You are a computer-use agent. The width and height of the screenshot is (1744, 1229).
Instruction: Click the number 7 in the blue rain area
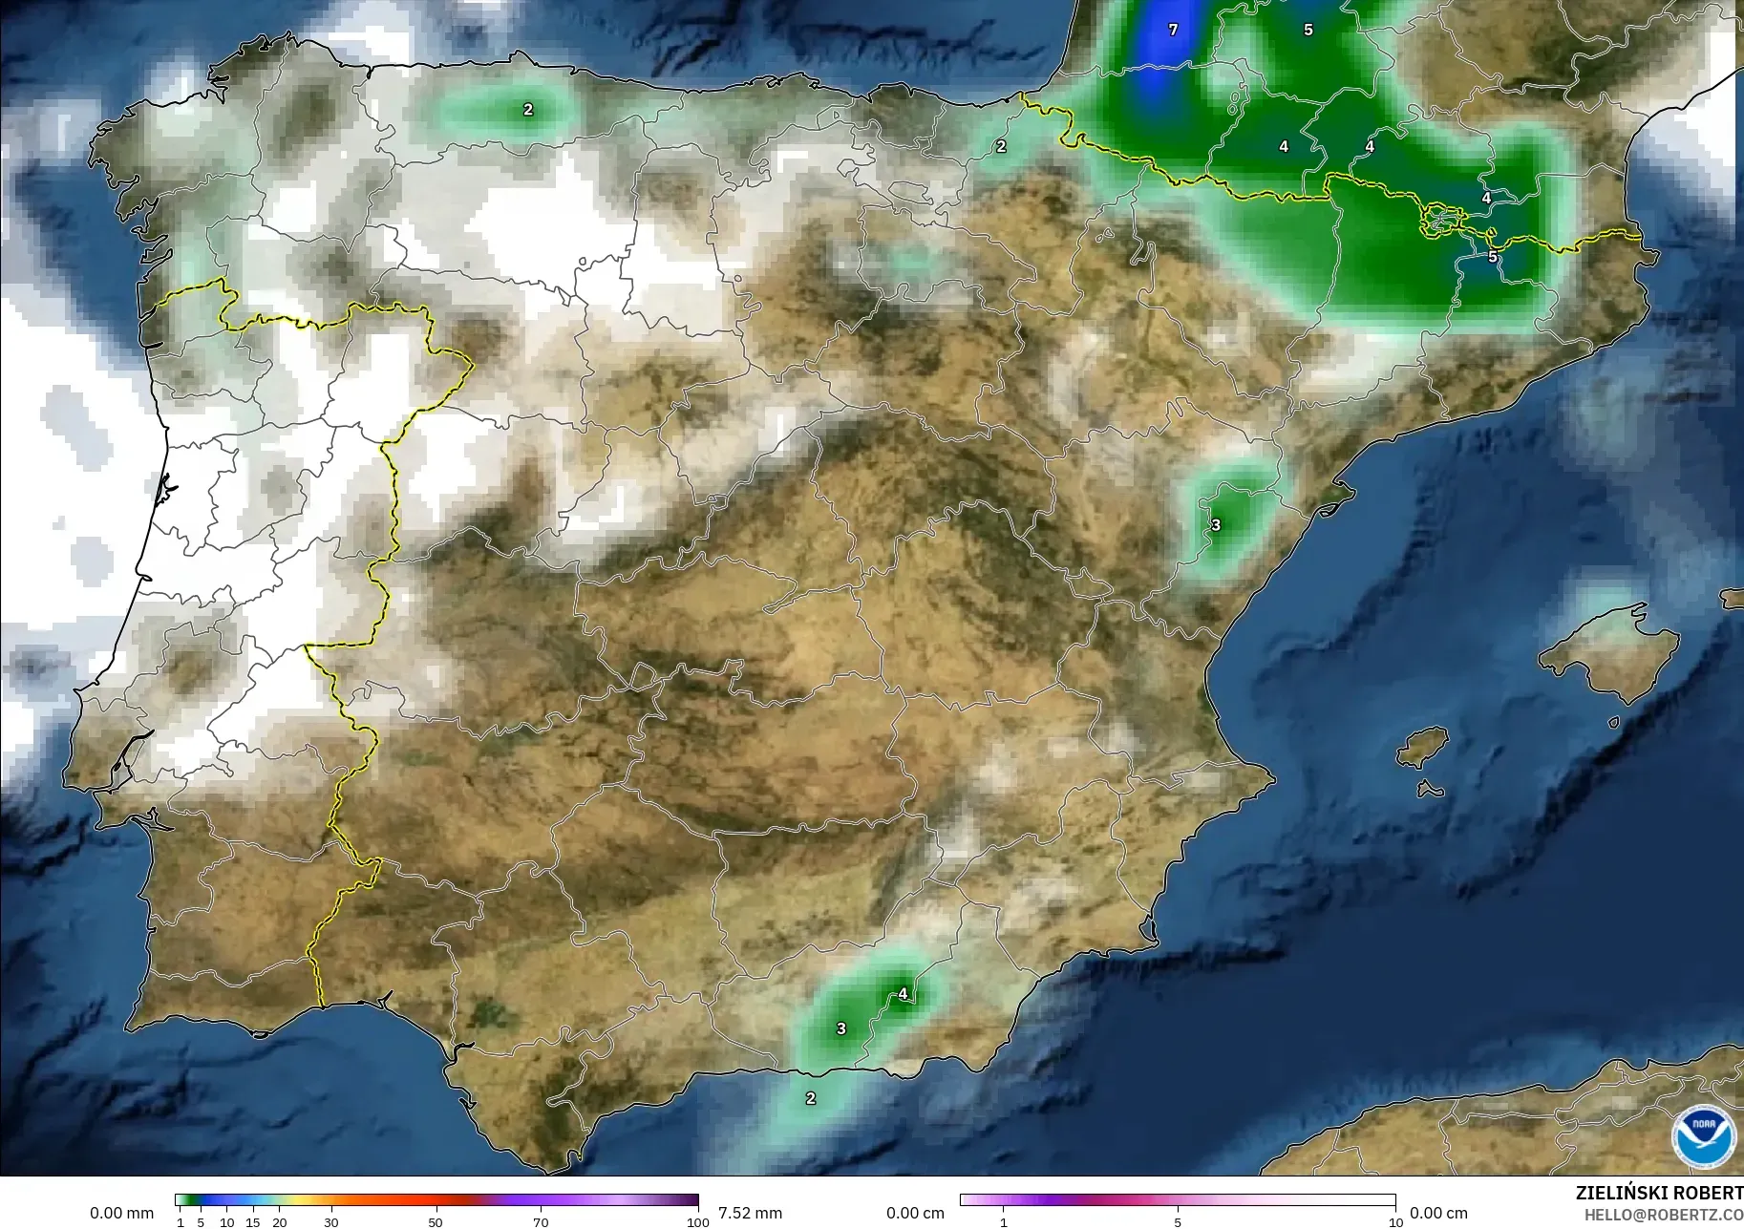pos(1173,30)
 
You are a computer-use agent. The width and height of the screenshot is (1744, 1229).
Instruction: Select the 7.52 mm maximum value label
pos(750,1213)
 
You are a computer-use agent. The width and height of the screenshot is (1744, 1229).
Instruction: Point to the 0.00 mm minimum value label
pos(121,1213)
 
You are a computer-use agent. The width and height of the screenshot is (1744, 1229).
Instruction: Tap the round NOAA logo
pos(1704,1135)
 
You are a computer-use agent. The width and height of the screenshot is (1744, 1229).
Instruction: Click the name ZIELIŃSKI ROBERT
pos(1658,1193)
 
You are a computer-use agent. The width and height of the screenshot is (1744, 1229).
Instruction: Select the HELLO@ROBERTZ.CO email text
pos(1663,1215)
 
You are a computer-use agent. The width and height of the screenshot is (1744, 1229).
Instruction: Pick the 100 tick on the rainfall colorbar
pos(698,1221)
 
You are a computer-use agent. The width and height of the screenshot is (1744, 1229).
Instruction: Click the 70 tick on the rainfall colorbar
pos(541,1221)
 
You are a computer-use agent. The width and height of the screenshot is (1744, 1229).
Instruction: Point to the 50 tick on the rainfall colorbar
pos(436,1221)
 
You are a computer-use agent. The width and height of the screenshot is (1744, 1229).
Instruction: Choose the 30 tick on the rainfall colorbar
pos(330,1221)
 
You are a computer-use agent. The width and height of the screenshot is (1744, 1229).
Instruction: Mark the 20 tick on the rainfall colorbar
pos(279,1221)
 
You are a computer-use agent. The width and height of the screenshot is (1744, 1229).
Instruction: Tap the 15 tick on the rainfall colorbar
pos(252,1221)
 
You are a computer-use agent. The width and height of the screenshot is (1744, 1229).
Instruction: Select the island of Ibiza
pos(1423,746)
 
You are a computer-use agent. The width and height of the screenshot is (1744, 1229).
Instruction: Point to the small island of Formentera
pos(1430,790)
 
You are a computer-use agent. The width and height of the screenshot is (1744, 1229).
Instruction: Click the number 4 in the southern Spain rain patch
pos(903,994)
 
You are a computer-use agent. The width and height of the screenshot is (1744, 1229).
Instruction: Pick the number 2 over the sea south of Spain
pos(811,1098)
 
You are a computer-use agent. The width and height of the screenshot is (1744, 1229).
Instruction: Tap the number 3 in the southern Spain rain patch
pos(841,1028)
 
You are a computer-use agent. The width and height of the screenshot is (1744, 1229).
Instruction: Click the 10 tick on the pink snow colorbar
pos(1395,1221)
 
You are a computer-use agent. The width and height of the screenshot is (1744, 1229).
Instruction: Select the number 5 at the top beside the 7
pos(1308,30)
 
